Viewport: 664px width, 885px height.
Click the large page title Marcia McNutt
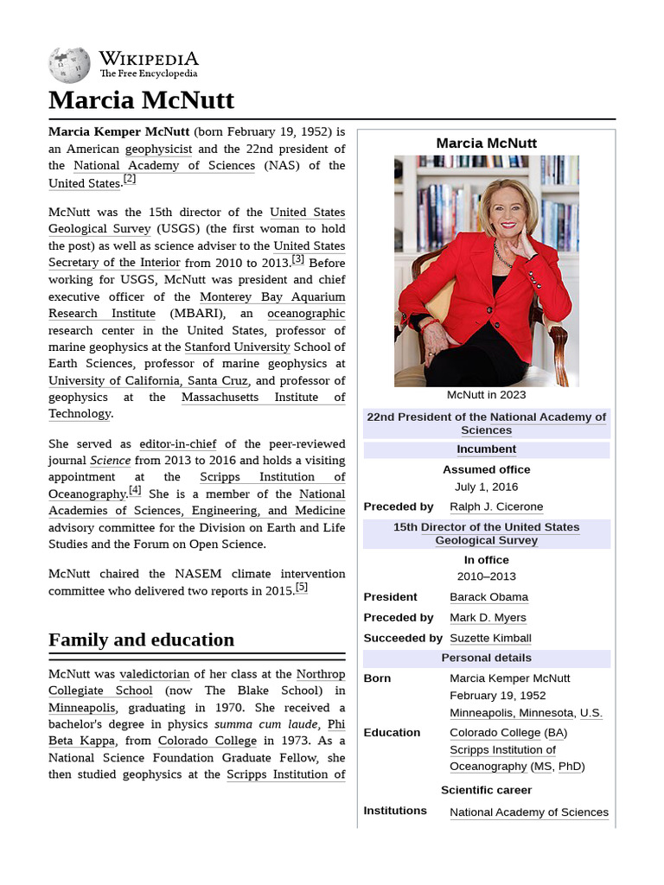(141, 100)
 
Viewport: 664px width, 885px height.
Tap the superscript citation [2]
(129, 179)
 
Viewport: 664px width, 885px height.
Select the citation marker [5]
(301, 588)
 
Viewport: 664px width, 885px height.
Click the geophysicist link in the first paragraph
(158, 149)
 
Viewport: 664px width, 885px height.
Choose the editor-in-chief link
(178, 444)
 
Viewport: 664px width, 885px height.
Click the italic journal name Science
(110, 461)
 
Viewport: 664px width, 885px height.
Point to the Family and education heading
(141, 640)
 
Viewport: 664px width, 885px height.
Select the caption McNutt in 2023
(486, 395)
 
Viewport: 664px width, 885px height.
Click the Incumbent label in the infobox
(486, 449)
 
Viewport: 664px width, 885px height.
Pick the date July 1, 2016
(486, 487)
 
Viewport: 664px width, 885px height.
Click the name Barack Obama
(488, 597)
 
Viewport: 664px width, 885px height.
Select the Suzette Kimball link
(490, 638)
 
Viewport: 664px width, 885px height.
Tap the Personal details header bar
(486, 659)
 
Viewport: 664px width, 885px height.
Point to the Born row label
(377, 678)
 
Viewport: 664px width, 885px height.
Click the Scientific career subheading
(486, 790)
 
